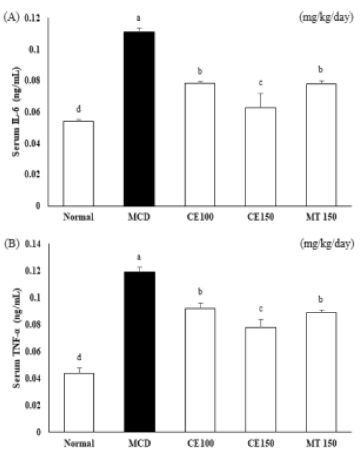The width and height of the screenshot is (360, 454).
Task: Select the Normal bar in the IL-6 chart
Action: (78, 163)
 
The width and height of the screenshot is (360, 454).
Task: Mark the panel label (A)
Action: (11, 18)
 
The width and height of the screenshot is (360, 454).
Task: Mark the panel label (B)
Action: (11, 245)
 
